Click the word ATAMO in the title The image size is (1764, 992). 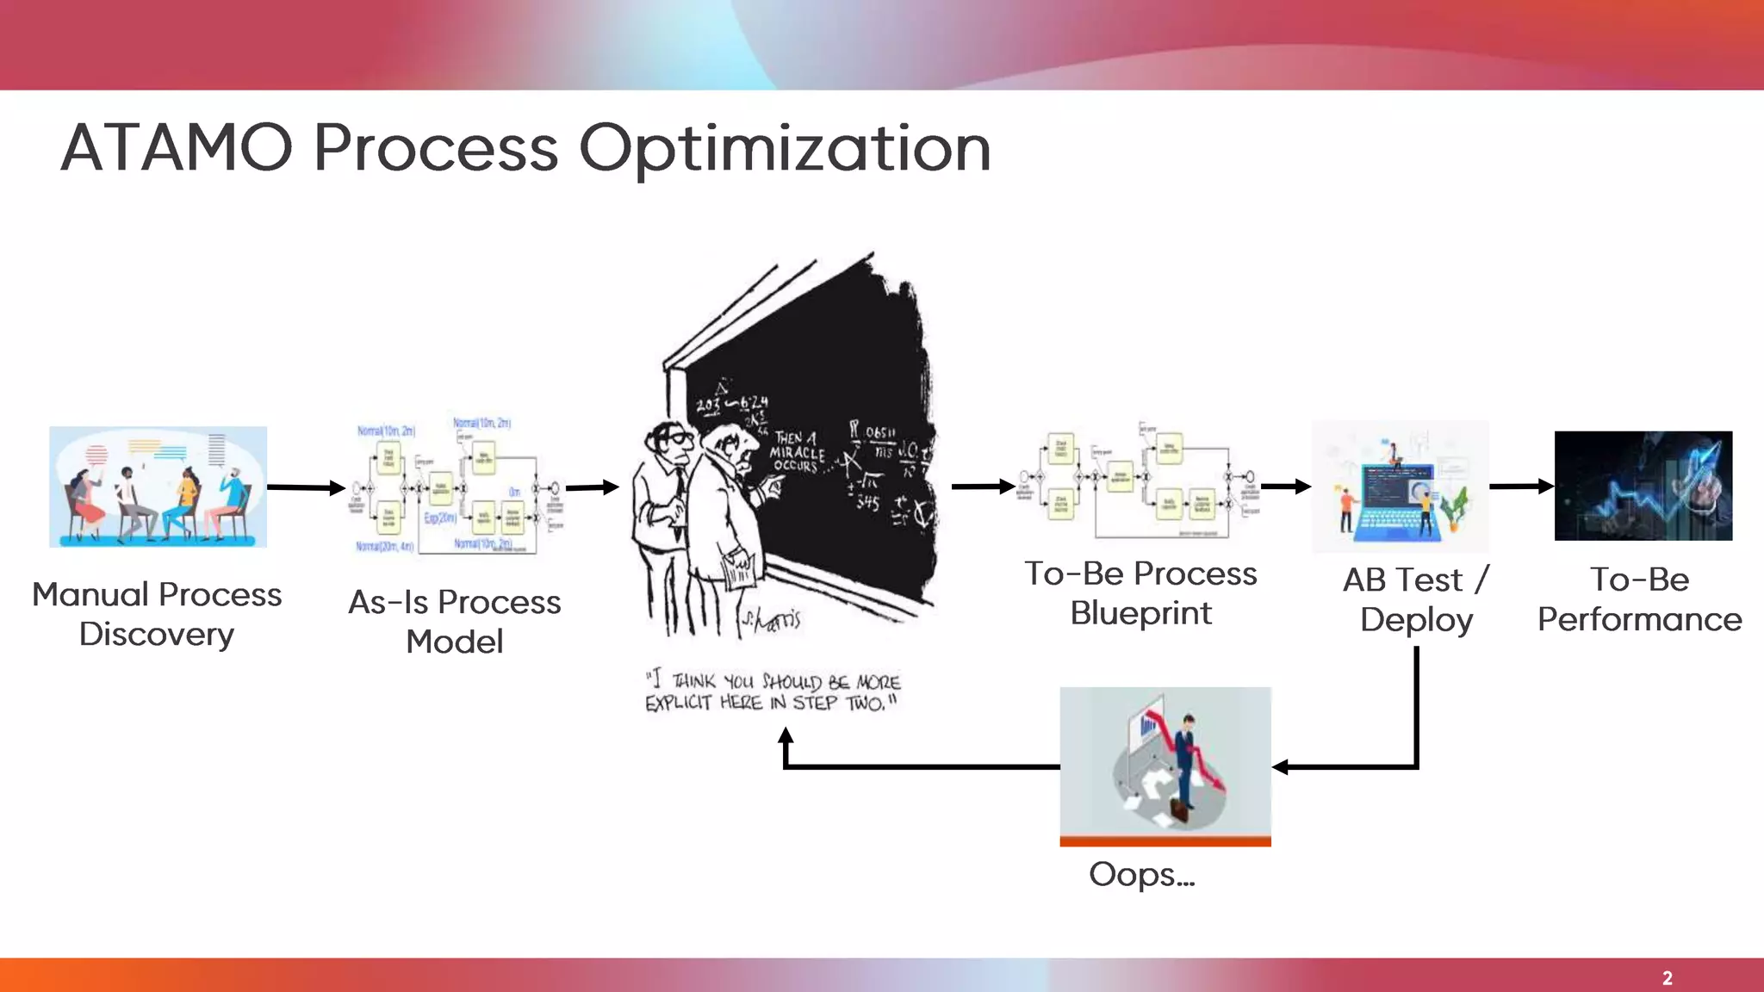point(177,148)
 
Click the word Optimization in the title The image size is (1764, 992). point(784,148)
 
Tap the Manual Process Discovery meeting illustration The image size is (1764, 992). point(158,487)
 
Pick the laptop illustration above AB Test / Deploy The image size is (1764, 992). point(1400,487)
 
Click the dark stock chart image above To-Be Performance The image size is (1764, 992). point(1643,486)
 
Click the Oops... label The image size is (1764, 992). point(1141,875)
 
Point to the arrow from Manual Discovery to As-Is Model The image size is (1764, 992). point(306,487)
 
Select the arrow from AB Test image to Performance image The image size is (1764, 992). point(1520,487)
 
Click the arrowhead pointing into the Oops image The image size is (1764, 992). point(1281,766)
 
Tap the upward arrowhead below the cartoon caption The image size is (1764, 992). point(786,735)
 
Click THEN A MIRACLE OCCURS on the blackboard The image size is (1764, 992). point(797,452)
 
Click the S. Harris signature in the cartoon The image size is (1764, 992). point(773,620)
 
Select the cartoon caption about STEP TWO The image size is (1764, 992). point(773,692)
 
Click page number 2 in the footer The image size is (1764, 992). point(1667,978)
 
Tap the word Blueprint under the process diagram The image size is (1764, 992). point(1140,613)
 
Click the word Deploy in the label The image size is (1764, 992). point(1416,620)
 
